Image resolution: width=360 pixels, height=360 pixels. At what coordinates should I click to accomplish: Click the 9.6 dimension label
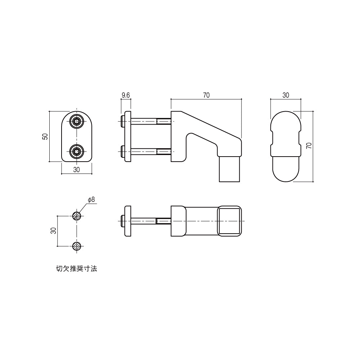126,95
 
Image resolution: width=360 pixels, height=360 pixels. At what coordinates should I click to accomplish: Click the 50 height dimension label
45,137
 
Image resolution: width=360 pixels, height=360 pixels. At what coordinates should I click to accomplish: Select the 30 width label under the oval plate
76,170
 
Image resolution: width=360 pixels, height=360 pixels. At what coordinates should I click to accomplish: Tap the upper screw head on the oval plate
76,122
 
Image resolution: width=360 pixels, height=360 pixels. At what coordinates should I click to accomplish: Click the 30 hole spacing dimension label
53,231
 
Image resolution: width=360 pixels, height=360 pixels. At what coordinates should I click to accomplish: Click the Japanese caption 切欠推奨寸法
76,269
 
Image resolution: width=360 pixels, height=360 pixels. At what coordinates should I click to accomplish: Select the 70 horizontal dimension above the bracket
206,95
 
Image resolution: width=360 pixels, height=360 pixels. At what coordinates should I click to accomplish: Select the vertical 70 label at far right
309,145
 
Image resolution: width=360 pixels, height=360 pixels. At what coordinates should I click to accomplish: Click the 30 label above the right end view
285,95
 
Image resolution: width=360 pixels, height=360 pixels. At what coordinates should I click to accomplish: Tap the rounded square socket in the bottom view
229,221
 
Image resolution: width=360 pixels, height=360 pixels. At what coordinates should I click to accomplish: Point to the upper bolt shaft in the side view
144,122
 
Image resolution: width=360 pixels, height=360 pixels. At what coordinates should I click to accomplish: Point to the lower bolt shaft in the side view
144,152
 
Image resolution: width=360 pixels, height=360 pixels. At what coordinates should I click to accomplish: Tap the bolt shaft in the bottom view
144,221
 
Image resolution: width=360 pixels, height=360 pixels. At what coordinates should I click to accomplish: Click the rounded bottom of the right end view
285,173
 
